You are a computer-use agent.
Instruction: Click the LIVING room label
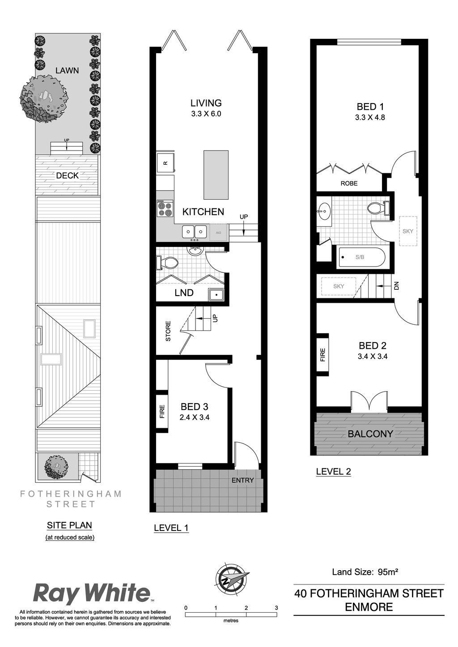point(206,103)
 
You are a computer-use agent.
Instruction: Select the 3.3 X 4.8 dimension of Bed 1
point(370,117)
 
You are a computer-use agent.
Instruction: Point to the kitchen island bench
point(216,175)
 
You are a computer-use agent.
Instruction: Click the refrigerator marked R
point(165,163)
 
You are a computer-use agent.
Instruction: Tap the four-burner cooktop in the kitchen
point(165,208)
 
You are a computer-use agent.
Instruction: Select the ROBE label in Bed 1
point(349,183)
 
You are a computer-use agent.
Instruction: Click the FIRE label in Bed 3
point(162,411)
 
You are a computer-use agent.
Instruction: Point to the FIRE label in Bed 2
point(322,355)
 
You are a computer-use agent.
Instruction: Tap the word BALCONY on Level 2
point(370,434)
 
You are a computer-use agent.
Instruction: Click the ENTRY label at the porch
point(242,480)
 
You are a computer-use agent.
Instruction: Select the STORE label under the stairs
point(168,331)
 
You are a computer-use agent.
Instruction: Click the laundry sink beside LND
point(216,295)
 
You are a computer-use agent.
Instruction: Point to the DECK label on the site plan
point(68,175)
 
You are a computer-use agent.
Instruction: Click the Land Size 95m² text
point(365,572)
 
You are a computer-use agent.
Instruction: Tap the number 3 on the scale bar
point(276,608)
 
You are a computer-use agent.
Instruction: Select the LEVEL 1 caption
point(171,528)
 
